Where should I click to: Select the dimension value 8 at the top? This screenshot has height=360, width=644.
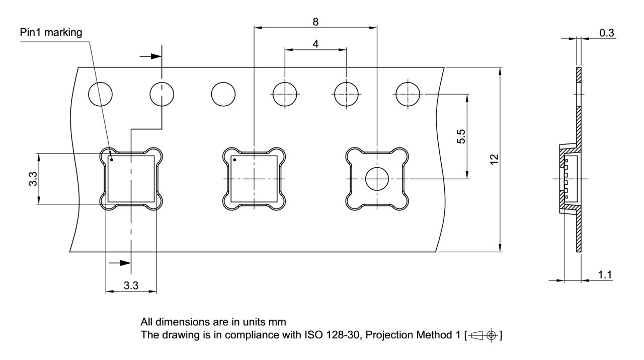(x=315, y=22)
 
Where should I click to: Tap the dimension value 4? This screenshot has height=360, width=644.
(x=315, y=44)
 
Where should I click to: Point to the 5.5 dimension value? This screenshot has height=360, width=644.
(x=461, y=136)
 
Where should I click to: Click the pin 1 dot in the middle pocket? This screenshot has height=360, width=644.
(x=234, y=161)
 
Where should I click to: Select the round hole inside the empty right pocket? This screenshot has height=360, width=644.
(x=377, y=179)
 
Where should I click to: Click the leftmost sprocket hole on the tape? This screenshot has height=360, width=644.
(x=100, y=94)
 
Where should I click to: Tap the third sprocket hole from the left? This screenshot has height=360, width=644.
(x=223, y=94)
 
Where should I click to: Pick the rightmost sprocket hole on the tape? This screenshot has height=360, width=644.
(x=408, y=94)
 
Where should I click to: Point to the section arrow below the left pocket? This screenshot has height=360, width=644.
(x=119, y=262)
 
